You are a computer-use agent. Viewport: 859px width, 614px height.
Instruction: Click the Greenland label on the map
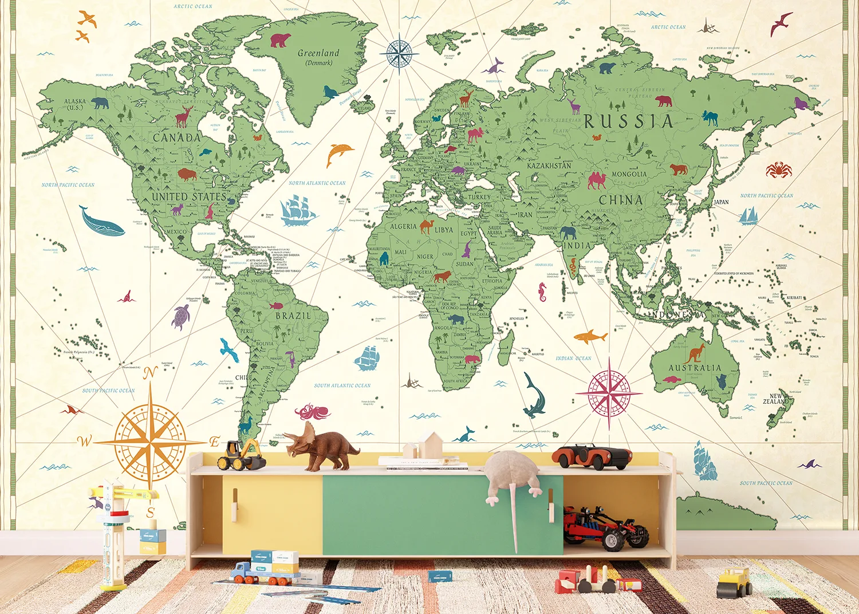[318, 53]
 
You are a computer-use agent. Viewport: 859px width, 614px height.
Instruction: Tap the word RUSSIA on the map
[628, 121]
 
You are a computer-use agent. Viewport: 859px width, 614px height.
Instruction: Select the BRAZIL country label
[293, 316]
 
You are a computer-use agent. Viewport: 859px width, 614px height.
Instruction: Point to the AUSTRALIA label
[695, 368]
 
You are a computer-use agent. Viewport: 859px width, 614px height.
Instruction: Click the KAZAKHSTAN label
[549, 166]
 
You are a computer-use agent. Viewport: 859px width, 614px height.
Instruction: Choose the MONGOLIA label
[629, 174]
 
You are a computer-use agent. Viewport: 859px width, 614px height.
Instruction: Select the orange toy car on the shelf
[592, 456]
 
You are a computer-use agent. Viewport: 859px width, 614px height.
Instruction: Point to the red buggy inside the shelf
[601, 526]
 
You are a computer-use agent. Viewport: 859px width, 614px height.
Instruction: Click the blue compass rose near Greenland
[399, 52]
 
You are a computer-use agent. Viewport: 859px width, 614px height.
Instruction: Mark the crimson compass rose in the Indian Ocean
[609, 393]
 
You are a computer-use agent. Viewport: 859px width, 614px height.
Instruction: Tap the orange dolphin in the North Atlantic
[338, 154]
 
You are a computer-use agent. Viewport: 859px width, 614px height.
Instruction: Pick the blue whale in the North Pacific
[101, 222]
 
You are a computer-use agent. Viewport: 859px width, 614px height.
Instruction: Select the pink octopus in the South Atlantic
[313, 411]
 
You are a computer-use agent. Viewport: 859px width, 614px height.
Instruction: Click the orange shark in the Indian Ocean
[590, 337]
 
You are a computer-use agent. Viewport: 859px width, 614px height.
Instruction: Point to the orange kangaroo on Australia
[696, 354]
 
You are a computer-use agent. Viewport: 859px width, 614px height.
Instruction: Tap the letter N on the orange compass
[150, 373]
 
